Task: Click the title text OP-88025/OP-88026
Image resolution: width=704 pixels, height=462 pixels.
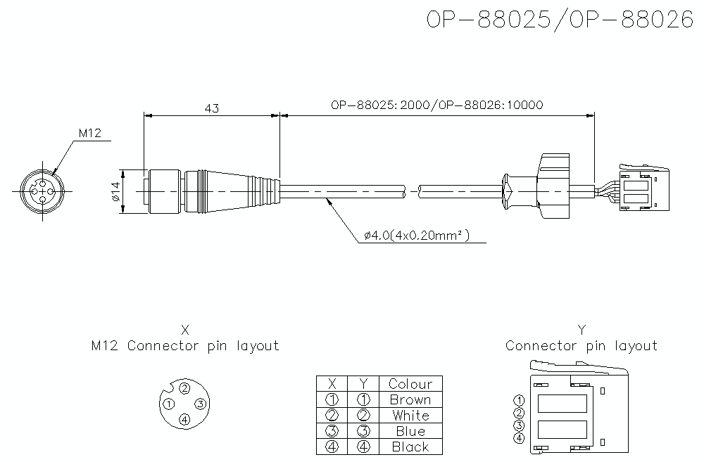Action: tap(560, 20)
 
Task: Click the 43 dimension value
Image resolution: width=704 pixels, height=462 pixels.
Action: tap(211, 108)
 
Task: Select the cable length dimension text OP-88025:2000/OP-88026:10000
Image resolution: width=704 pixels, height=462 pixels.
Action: tap(436, 105)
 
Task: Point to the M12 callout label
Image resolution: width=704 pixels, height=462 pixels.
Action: tap(90, 133)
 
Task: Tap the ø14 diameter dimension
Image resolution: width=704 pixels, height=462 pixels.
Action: tap(115, 191)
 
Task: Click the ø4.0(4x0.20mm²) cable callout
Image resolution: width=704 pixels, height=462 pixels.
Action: tap(417, 236)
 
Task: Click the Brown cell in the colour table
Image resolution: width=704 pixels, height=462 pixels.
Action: tap(410, 399)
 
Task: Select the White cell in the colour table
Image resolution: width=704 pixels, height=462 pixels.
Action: tap(410, 415)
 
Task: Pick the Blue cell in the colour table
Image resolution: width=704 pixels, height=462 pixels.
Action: tap(410, 431)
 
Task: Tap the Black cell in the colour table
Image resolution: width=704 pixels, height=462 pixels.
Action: tap(410, 447)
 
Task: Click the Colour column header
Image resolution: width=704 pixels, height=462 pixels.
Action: tap(410, 384)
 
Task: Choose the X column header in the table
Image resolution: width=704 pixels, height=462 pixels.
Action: tap(332, 384)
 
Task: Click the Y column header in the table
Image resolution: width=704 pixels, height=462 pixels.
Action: tap(363, 384)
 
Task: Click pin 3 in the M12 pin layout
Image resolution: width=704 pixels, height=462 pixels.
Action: tap(200, 404)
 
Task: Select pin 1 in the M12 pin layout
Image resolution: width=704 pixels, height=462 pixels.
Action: tap(169, 404)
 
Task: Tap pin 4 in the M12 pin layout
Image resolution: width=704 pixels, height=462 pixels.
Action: tap(184, 420)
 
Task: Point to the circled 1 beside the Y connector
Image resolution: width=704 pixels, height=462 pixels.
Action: tap(520, 401)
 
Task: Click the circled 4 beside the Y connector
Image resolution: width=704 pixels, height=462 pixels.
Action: tap(520, 438)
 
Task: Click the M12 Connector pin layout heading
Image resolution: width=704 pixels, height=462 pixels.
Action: tap(185, 346)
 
